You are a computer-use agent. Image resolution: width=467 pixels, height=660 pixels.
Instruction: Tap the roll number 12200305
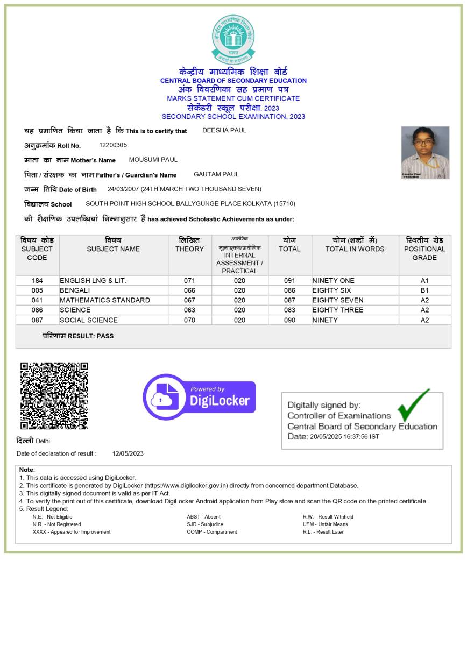[x=113, y=145]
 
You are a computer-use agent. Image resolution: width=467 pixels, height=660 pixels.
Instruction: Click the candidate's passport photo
[x=425, y=152]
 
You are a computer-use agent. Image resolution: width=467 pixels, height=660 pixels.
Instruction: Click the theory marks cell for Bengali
[x=189, y=290]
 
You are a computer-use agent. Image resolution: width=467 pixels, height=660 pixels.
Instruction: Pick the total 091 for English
[x=289, y=281]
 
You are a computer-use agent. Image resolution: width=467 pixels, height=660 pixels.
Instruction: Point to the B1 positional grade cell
[x=424, y=290]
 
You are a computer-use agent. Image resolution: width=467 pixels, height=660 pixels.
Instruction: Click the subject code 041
[x=37, y=300]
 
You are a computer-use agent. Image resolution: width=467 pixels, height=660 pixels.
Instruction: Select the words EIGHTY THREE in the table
[x=338, y=310]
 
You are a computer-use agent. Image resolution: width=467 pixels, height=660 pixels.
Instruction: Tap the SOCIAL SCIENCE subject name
[x=89, y=320]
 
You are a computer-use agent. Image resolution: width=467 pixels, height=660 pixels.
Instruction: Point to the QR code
[x=54, y=395]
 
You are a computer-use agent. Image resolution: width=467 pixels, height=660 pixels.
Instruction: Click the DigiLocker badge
[x=199, y=397]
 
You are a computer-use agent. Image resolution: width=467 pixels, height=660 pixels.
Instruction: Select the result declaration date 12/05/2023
[x=128, y=453]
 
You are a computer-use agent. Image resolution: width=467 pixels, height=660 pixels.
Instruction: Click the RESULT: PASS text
[x=90, y=336]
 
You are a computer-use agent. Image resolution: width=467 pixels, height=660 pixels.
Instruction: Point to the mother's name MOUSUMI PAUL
[x=153, y=160]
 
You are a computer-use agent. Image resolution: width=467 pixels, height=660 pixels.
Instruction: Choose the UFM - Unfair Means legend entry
[x=325, y=524]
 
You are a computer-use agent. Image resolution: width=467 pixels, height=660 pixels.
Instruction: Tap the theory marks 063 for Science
[x=189, y=310]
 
